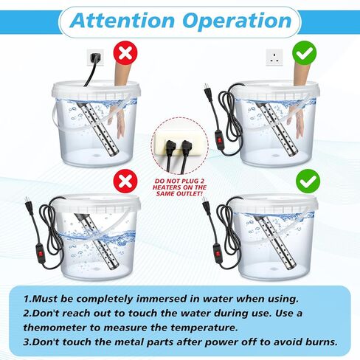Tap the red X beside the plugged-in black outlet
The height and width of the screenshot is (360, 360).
point(125,54)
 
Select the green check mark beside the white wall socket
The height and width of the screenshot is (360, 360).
point(305,54)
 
